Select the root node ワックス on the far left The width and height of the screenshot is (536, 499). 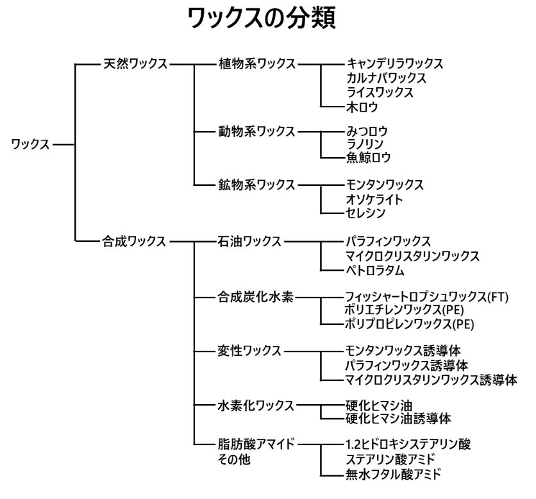(x=30, y=144)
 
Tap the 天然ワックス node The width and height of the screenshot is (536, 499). (x=135, y=64)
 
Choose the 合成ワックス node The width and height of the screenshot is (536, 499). (x=135, y=242)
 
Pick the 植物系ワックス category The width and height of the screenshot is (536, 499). (x=256, y=64)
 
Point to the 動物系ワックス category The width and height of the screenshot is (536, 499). (x=256, y=132)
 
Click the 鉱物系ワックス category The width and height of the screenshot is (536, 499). (x=256, y=185)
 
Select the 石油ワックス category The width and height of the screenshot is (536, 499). (x=249, y=242)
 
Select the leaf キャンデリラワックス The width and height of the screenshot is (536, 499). (x=394, y=64)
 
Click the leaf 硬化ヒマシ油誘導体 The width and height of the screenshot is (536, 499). (x=398, y=419)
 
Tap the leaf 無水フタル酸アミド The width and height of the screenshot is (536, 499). (x=393, y=474)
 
